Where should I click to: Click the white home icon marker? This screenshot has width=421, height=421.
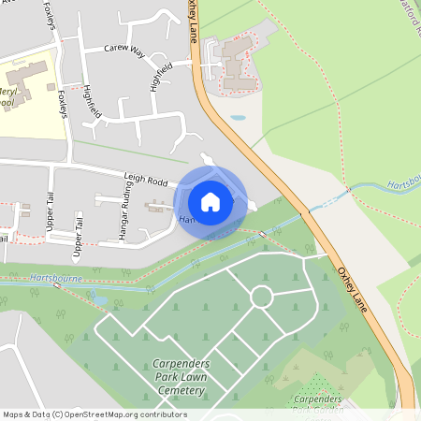pyautogui.click(x=210, y=202)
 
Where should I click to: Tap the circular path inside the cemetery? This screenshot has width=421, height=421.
pyautogui.click(x=261, y=297)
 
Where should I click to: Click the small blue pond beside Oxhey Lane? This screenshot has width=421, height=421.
pyautogui.click(x=239, y=119)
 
